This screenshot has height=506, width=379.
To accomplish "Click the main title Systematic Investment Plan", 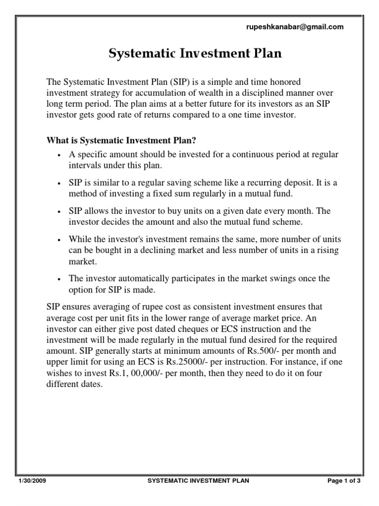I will pyautogui.click(x=195, y=54).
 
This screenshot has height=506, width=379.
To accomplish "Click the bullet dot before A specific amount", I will pyautogui.click(x=59, y=155).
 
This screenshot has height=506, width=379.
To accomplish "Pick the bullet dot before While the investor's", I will pyautogui.click(x=59, y=240).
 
